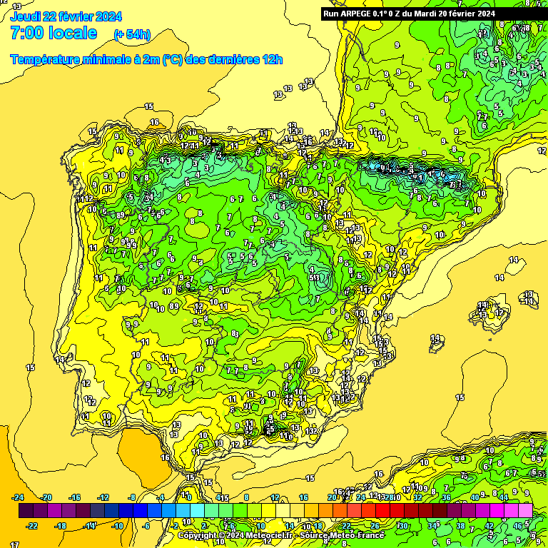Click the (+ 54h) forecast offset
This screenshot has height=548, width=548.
pos(132,34)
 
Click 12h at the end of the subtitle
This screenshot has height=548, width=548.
pos(273,60)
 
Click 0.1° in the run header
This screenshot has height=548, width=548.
pos(387,13)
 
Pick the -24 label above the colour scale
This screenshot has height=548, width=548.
pos(19,497)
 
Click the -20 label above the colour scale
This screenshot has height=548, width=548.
pos(46,497)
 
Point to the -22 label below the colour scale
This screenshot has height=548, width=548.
pos(33,526)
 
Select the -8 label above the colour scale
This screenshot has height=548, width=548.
pos(132,497)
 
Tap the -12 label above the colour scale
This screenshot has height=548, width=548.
pos(103,497)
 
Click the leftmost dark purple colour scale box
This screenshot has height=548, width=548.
pos(26,511)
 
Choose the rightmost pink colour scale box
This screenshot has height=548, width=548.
pos(525,511)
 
